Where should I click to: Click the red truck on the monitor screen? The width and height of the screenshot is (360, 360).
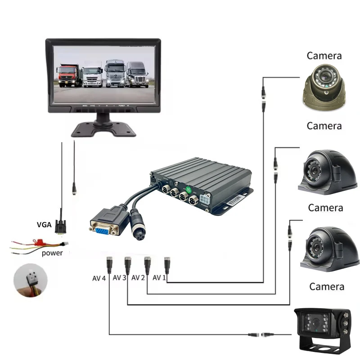[68, 75]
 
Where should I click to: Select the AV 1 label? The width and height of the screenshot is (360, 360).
[159, 278]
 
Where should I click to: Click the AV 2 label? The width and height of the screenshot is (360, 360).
[138, 278]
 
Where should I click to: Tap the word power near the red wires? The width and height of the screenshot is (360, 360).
[52, 253]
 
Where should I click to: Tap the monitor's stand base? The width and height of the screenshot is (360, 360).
[104, 128]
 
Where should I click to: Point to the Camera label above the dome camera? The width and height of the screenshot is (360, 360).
[324, 56]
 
